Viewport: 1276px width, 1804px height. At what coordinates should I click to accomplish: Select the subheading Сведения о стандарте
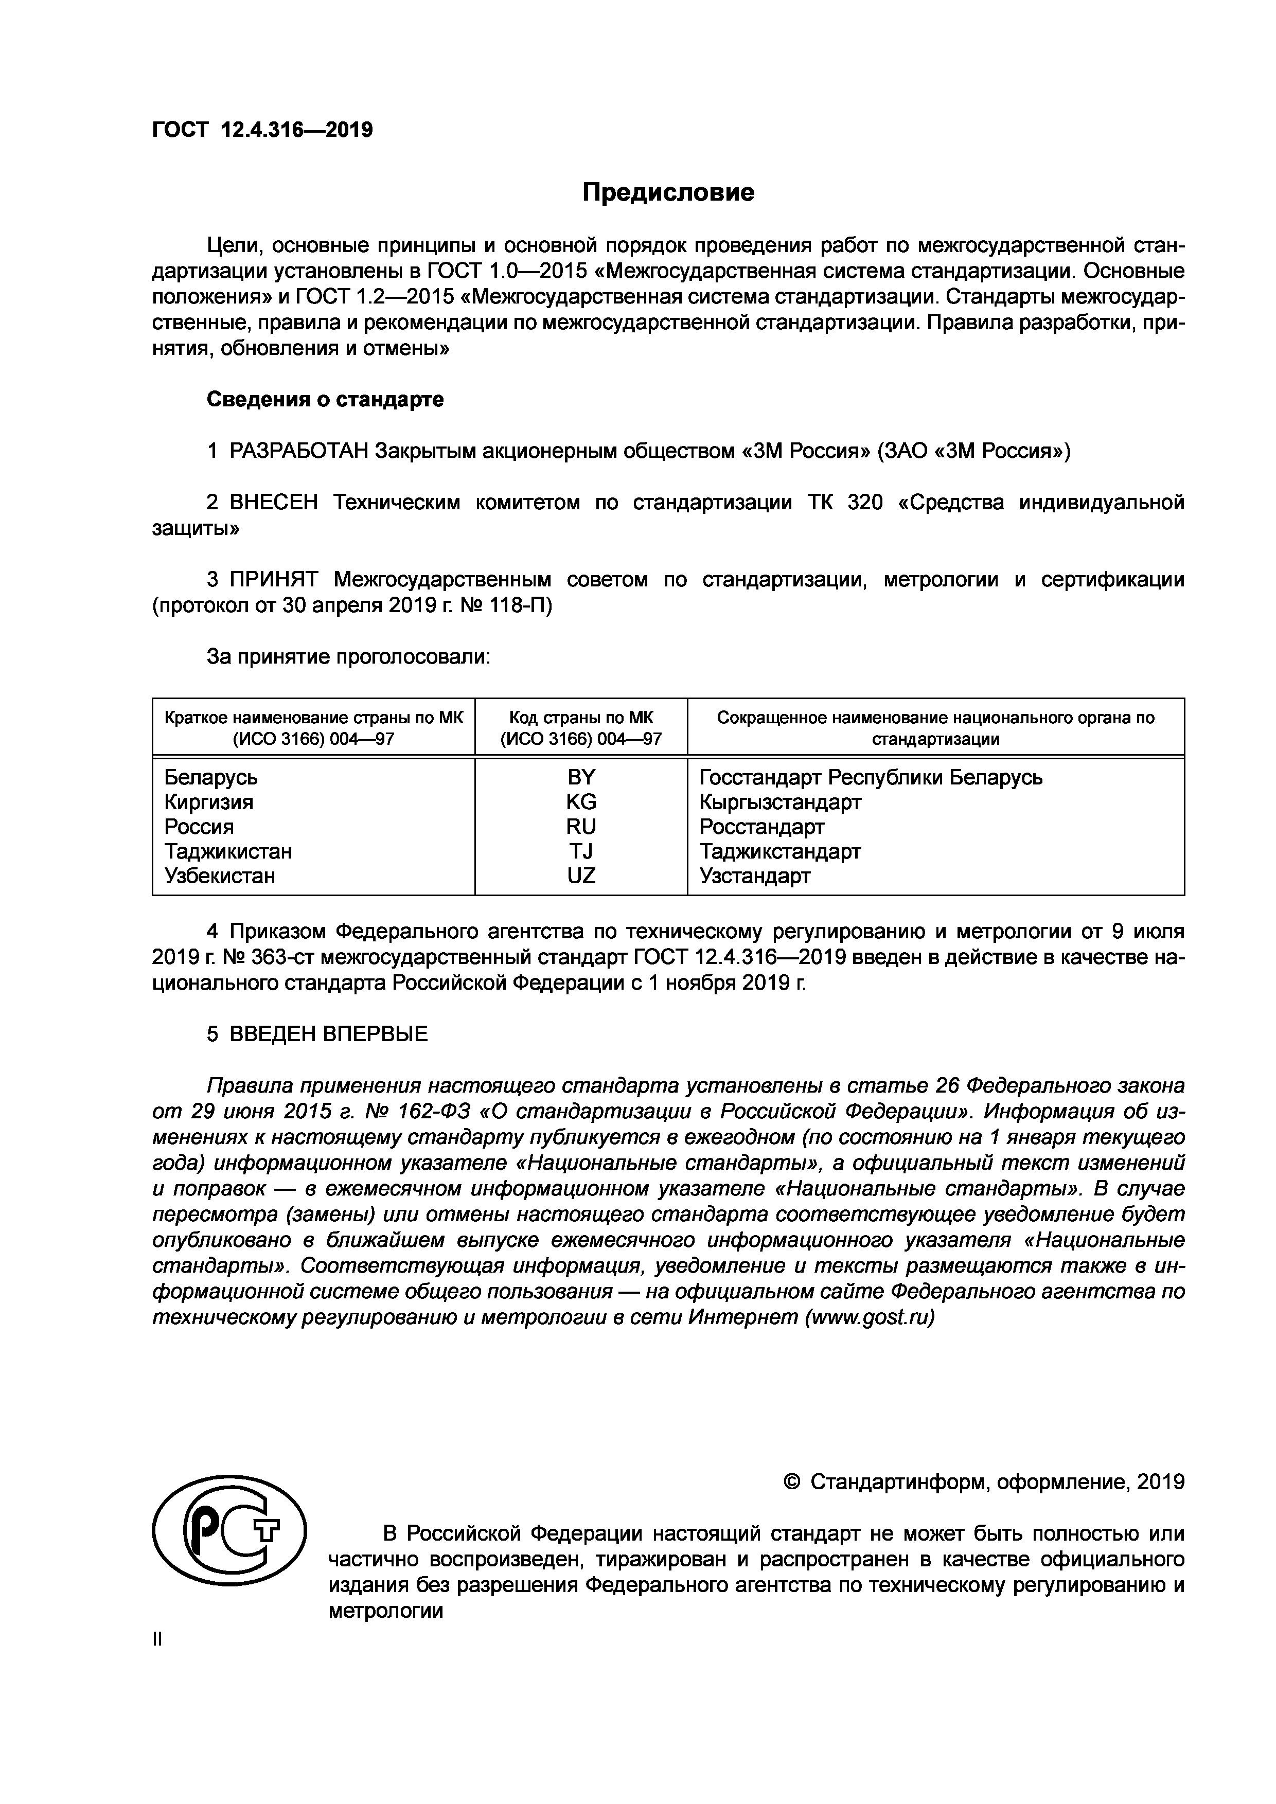[325, 399]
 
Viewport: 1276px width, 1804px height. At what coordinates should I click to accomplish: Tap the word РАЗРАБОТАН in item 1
[298, 451]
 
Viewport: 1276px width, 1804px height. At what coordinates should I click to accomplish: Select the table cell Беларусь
[210, 777]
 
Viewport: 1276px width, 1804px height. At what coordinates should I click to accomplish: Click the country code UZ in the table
[581, 876]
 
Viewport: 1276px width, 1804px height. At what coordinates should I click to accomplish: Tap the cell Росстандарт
[761, 827]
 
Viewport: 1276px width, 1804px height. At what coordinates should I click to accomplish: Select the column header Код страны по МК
[581, 718]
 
